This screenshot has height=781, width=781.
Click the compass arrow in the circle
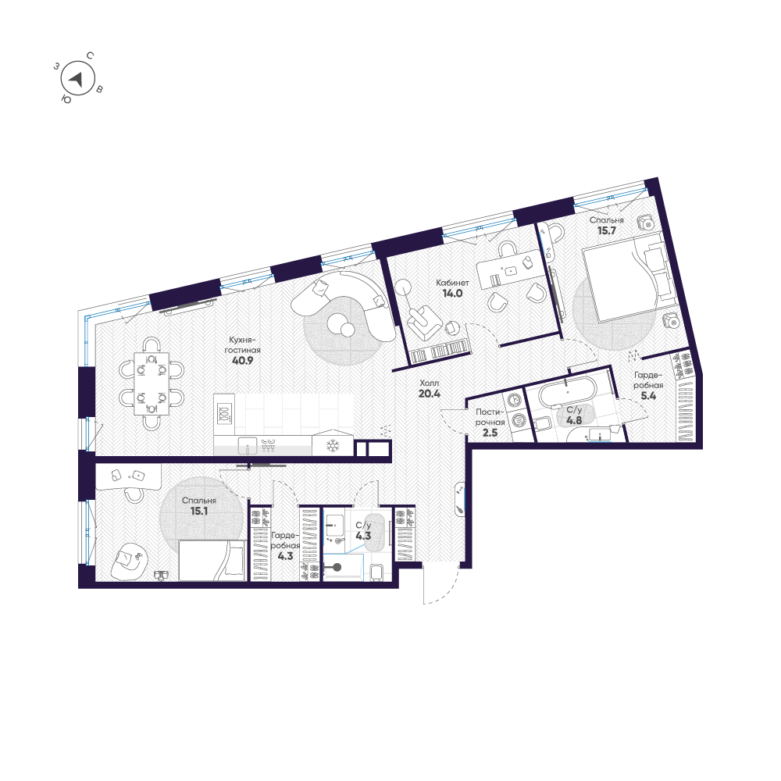tap(77, 79)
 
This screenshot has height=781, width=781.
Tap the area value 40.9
tap(243, 361)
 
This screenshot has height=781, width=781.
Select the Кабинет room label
tap(452, 283)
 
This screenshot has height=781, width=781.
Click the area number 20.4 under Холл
tap(430, 394)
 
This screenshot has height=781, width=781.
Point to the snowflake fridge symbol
tap(332, 445)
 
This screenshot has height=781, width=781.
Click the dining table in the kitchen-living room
tap(151, 383)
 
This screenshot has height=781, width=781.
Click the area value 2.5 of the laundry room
tap(490, 433)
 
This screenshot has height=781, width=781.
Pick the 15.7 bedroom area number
tap(607, 230)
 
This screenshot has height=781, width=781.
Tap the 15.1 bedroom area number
tap(198, 511)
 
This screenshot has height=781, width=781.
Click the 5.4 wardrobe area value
tap(648, 396)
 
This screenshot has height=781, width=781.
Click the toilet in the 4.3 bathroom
tap(378, 572)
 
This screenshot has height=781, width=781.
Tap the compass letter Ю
tap(66, 100)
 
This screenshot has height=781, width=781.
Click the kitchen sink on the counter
tap(248, 445)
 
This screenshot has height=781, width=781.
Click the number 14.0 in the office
tap(452, 294)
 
